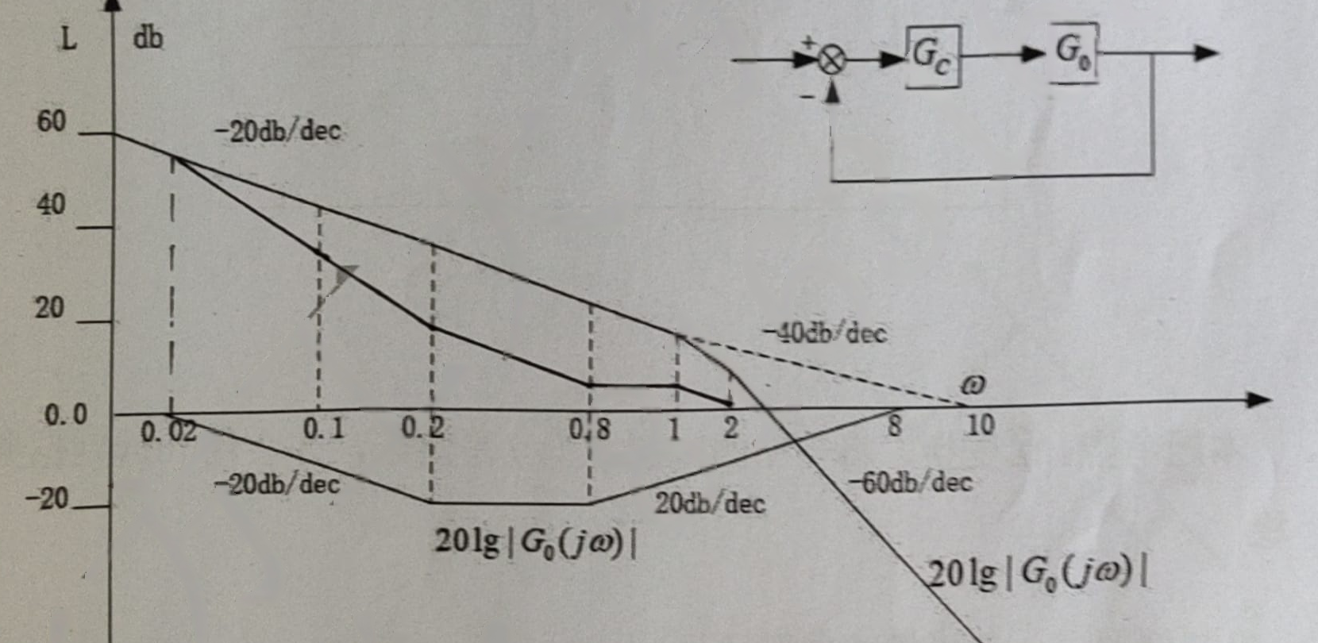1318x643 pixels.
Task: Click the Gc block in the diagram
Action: (933, 56)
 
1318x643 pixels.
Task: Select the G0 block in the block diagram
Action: (1074, 53)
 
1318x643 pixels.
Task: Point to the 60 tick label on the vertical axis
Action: (51, 121)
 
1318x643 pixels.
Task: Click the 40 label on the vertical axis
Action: (51, 205)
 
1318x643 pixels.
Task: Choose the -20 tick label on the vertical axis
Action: (47, 499)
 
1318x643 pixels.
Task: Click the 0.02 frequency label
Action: (169, 432)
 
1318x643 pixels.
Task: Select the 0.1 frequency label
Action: (323, 429)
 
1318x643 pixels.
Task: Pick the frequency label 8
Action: (894, 425)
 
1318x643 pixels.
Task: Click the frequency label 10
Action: (981, 425)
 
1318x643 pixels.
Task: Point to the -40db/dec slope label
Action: (825, 334)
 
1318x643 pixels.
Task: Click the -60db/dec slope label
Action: (910, 483)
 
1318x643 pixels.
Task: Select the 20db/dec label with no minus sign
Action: (710, 504)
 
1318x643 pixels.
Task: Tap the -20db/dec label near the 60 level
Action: (278, 131)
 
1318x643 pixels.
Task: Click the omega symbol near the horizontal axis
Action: (973, 385)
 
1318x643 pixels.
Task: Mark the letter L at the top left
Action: (69, 40)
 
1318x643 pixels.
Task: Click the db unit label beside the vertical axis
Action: (148, 38)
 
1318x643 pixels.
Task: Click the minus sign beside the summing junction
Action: (807, 97)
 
